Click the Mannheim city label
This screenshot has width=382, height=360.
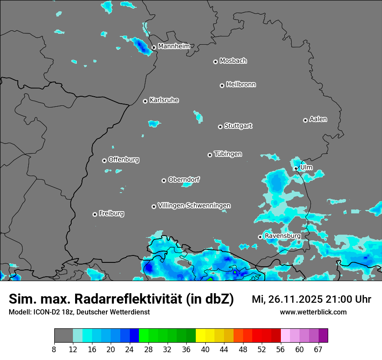click(x=174, y=46)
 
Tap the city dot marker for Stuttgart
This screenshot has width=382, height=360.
click(x=220, y=127)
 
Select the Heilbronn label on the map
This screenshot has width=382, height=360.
click(x=241, y=85)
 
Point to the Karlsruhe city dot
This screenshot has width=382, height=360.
click(x=145, y=101)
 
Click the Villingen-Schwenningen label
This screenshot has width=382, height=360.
click(x=194, y=206)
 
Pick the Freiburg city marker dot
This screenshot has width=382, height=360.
click(x=95, y=214)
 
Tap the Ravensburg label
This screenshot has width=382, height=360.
click(x=282, y=236)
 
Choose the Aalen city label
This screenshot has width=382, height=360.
click(x=318, y=119)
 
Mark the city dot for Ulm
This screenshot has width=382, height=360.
click(x=296, y=168)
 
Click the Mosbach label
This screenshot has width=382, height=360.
click(x=233, y=61)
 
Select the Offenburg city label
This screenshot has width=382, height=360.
click(x=124, y=160)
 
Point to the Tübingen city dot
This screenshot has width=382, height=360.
click(x=210, y=155)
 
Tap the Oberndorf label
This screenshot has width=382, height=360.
click(x=184, y=180)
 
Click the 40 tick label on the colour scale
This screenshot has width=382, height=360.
click(x=205, y=350)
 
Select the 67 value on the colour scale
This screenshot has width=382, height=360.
click(x=318, y=350)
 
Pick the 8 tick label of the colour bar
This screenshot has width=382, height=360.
click(x=54, y=350)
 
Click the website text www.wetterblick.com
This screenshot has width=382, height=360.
click(x=313, y=312)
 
